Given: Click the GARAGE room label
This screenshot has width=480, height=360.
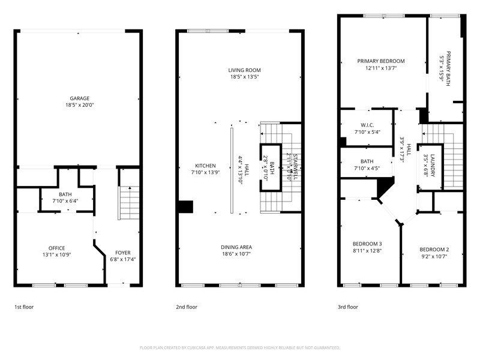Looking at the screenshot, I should pyautogui.click(x=79, y=98).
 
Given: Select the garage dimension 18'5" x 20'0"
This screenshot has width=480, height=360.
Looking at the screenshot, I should pyautogui.click(x=79, y=105).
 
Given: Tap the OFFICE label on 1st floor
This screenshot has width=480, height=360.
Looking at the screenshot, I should pyautogui.click(x=57, y=248).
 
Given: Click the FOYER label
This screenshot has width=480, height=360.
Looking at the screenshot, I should pyautogui.click(x=122, y=253).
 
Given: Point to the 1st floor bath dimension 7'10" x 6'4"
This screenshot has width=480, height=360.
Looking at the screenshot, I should pyautogui.click(x=65, y=200).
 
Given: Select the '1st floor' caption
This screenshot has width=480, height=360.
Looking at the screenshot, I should pyautogui.click(x=24, y=307).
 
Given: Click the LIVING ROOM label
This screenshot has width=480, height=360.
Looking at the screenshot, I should pyautogui.click(x=244, y=70).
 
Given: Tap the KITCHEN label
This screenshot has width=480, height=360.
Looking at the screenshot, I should pyautogui.click(x=205, y=166).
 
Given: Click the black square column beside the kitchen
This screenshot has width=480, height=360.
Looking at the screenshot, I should pyautogui.click(x=185, y=206).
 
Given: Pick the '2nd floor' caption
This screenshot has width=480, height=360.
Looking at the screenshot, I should pyautogui.click(x=187, y=307).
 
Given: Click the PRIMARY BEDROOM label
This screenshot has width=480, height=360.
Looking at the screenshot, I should pyautogui.click(x=380, y=61).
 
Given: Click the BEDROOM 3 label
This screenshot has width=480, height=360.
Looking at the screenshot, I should pyautogui.click(x=367, y=243).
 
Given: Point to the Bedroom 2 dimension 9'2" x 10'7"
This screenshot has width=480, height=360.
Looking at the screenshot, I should pyautogui.click(x=434, y=256).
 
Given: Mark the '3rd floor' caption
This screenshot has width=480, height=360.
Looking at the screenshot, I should pyautogui.click(x=348, y=307).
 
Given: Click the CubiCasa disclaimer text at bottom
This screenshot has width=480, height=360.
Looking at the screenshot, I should pyautogui.click(x=240, y=347).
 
